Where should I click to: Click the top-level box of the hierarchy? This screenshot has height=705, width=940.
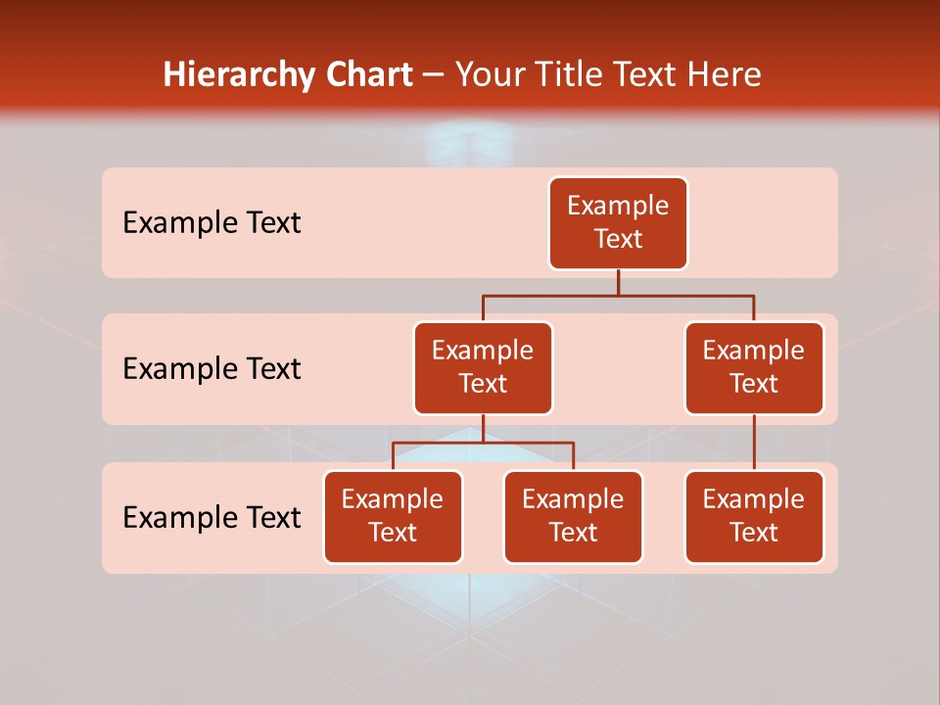(618, 223)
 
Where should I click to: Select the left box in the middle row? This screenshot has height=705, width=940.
(483, 368)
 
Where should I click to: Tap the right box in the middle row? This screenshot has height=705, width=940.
(754, 368)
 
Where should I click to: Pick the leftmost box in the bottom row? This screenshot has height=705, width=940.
(393, 517)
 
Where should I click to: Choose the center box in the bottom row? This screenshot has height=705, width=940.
(573, 517)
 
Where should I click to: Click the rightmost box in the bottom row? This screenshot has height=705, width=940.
(754, 517)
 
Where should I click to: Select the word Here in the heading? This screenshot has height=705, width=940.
(724, 75)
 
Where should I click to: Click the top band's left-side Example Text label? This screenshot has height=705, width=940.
(211, 223)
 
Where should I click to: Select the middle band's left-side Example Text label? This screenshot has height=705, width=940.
(211, 369)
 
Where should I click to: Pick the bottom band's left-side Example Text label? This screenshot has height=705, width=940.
(211, 518)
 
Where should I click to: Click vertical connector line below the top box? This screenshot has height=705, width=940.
(618, 282)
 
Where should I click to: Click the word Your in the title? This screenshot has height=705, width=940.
(490, 75)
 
